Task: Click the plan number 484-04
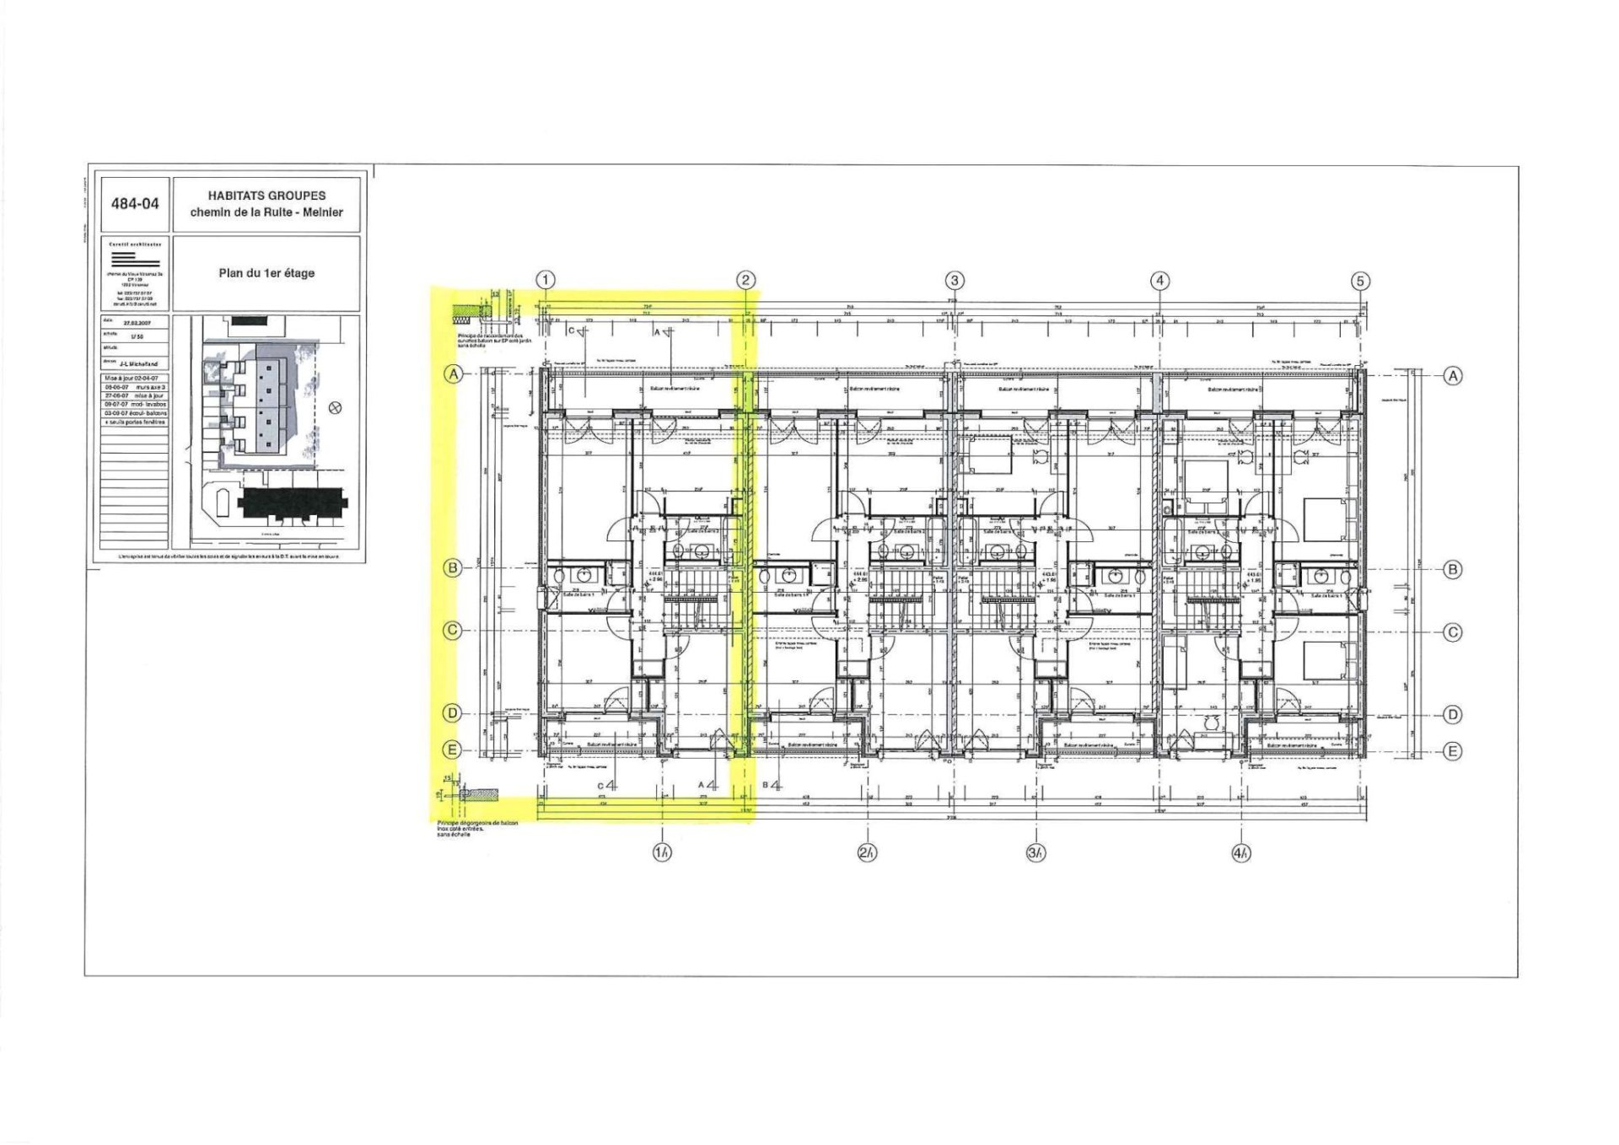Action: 135,204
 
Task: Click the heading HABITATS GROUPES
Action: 266,196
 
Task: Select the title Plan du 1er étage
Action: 266,273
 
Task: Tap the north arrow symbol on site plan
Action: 335,408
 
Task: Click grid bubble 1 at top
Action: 546,280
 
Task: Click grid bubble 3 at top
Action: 954,280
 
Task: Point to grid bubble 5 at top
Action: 1359,281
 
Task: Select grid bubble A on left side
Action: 454,374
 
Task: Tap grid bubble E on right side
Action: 1453,751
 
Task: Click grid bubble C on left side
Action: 453,631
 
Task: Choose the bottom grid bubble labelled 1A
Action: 662,852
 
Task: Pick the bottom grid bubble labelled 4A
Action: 1240,853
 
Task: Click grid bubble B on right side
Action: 1453,569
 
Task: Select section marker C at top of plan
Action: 573,331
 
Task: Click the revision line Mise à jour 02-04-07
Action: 132,379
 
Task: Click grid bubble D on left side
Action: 453,713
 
